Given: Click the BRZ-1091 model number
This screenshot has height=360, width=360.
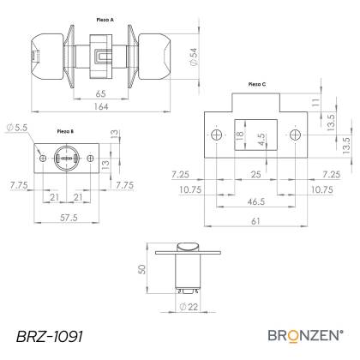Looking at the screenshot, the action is pyautogui.click(x=50, y=336).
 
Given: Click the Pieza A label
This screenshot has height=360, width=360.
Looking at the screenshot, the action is pyautogui.click(x=105, y=20).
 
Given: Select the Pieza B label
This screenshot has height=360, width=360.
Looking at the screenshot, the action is pyautogui.click(x=65, y=131).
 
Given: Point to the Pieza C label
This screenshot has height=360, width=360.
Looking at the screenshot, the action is pyautogui.click(x=257, y=84).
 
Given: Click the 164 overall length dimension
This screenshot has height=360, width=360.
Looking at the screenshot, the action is pyautogui.click(x=101, y=106).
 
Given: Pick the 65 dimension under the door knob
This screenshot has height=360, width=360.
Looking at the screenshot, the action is pyautogui.click(x=101, y=93).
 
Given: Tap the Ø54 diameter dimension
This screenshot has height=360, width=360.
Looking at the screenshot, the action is pyautogui.click(x=194, y=57).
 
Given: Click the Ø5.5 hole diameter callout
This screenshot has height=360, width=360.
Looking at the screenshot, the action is pyautogui.click(x=17, y=128).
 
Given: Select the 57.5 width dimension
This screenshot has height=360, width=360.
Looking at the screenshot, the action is pyautogui.click(x=69, y=218).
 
